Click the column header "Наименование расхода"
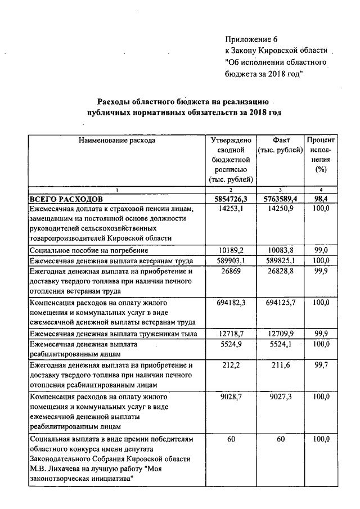[x=116, y=141]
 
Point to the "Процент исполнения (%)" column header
[x=321, y=154]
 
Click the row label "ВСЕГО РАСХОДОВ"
[x=66, y=199]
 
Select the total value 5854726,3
[x=231, y=199]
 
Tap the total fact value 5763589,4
[x=280, y=199]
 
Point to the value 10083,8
[x=280, y=250]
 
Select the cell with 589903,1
[x=231, y=260]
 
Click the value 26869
[x=231, y=271]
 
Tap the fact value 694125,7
[x=280, y=303]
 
